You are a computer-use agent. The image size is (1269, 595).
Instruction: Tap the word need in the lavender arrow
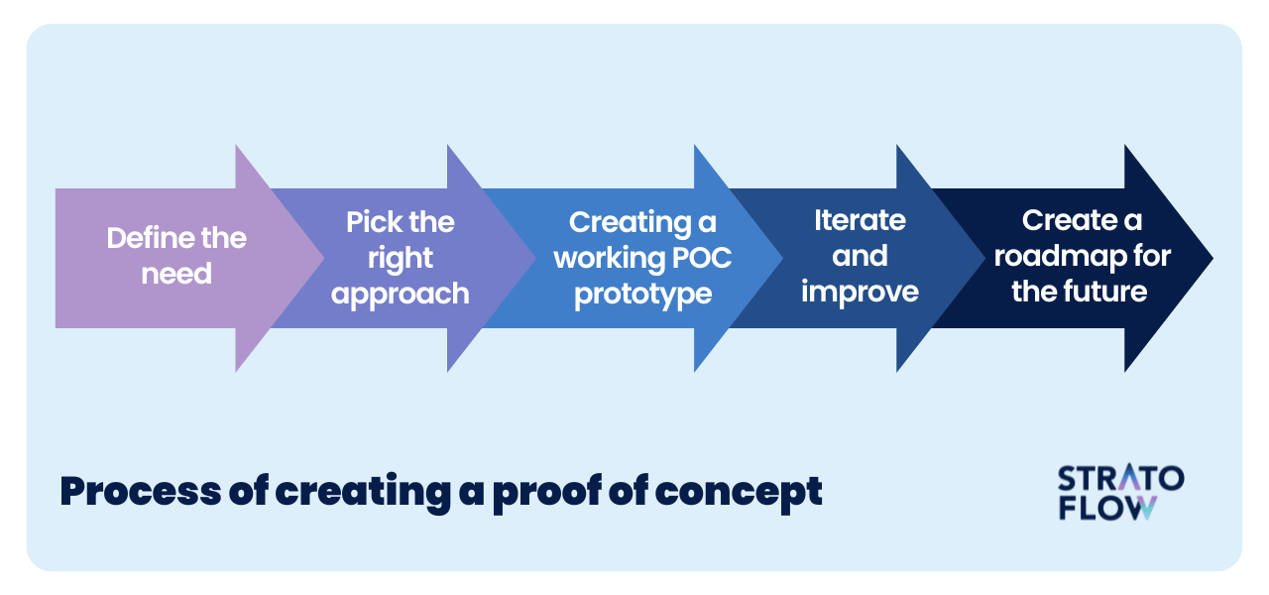click(x=176, y=274)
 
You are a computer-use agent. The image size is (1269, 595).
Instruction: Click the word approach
click(x=400, y=295)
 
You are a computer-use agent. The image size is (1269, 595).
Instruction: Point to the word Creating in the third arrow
click(x=630, y=223)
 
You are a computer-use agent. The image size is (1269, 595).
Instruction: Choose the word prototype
click(x=643, y=295)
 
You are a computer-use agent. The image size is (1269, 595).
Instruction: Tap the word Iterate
click(x=860, y=220)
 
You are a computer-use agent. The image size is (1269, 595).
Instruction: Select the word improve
click(x=860, y=293)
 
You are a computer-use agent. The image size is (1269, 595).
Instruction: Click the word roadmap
click(x=1060, y=256)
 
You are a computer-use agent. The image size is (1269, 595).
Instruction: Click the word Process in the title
click(x=141, y=491)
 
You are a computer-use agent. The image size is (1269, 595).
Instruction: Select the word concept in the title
click(x=739, y=493)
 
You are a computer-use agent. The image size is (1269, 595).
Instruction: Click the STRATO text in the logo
click(x=1120, y=478)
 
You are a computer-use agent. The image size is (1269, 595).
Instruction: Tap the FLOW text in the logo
click(x=1107, y=508)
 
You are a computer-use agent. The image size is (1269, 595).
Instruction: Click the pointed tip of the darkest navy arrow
click(x=1211, y=259)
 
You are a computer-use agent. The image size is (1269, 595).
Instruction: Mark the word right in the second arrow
click(x=400, y=259)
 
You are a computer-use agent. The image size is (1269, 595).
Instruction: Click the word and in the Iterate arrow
click(x=860, y=256)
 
